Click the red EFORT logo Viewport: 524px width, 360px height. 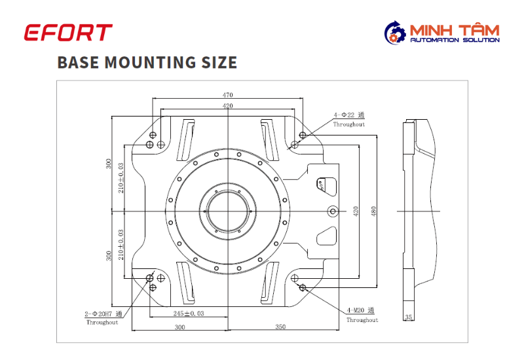[x=68, y=32]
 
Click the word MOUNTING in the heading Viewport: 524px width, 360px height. [x=150, y=62]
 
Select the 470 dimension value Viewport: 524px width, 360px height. [x=227, y=95]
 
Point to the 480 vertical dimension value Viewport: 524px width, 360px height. [x=373, y=211]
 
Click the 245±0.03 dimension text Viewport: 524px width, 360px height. [x=189, y=314]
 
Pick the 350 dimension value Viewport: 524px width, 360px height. [x=280, y=327]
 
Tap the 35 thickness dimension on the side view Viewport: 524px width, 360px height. [x=408, y=317]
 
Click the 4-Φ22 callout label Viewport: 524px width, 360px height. [x=349, y=115]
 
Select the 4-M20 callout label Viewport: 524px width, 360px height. [x=360, y=310]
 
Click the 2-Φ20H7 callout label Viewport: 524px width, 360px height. [x=103, y=314]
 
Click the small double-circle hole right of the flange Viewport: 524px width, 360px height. [x=333, y=211]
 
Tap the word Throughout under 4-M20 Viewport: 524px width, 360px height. [x=362, y=320]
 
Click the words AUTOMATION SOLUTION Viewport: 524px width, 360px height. [x=455, y=40]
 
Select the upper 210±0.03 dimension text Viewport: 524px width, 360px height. [x=121, y=177]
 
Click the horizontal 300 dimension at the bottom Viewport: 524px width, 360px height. [x=179, y=327]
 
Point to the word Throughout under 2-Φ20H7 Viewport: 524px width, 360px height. [x=102, y=322]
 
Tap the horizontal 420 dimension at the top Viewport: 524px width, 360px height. [x=227, y=106]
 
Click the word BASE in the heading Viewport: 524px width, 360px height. [x=78, y=62]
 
